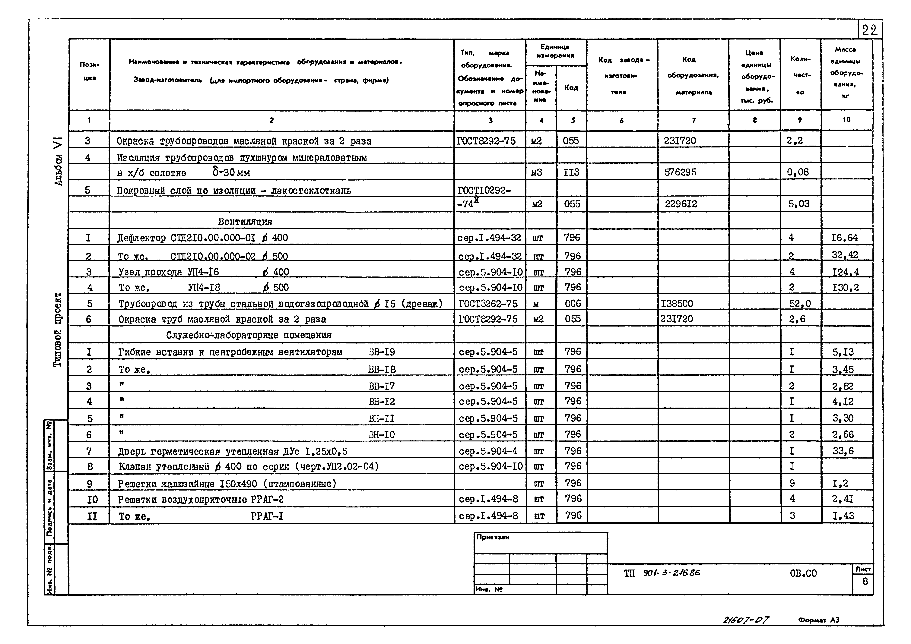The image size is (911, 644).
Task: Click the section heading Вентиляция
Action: coord(245,221)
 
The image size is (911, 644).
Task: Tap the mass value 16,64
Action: coord(844,238)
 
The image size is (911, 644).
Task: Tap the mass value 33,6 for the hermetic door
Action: coord(843,451)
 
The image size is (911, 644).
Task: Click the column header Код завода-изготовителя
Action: coord(621,75)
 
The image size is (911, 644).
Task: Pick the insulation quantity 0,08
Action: coord(798,172)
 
